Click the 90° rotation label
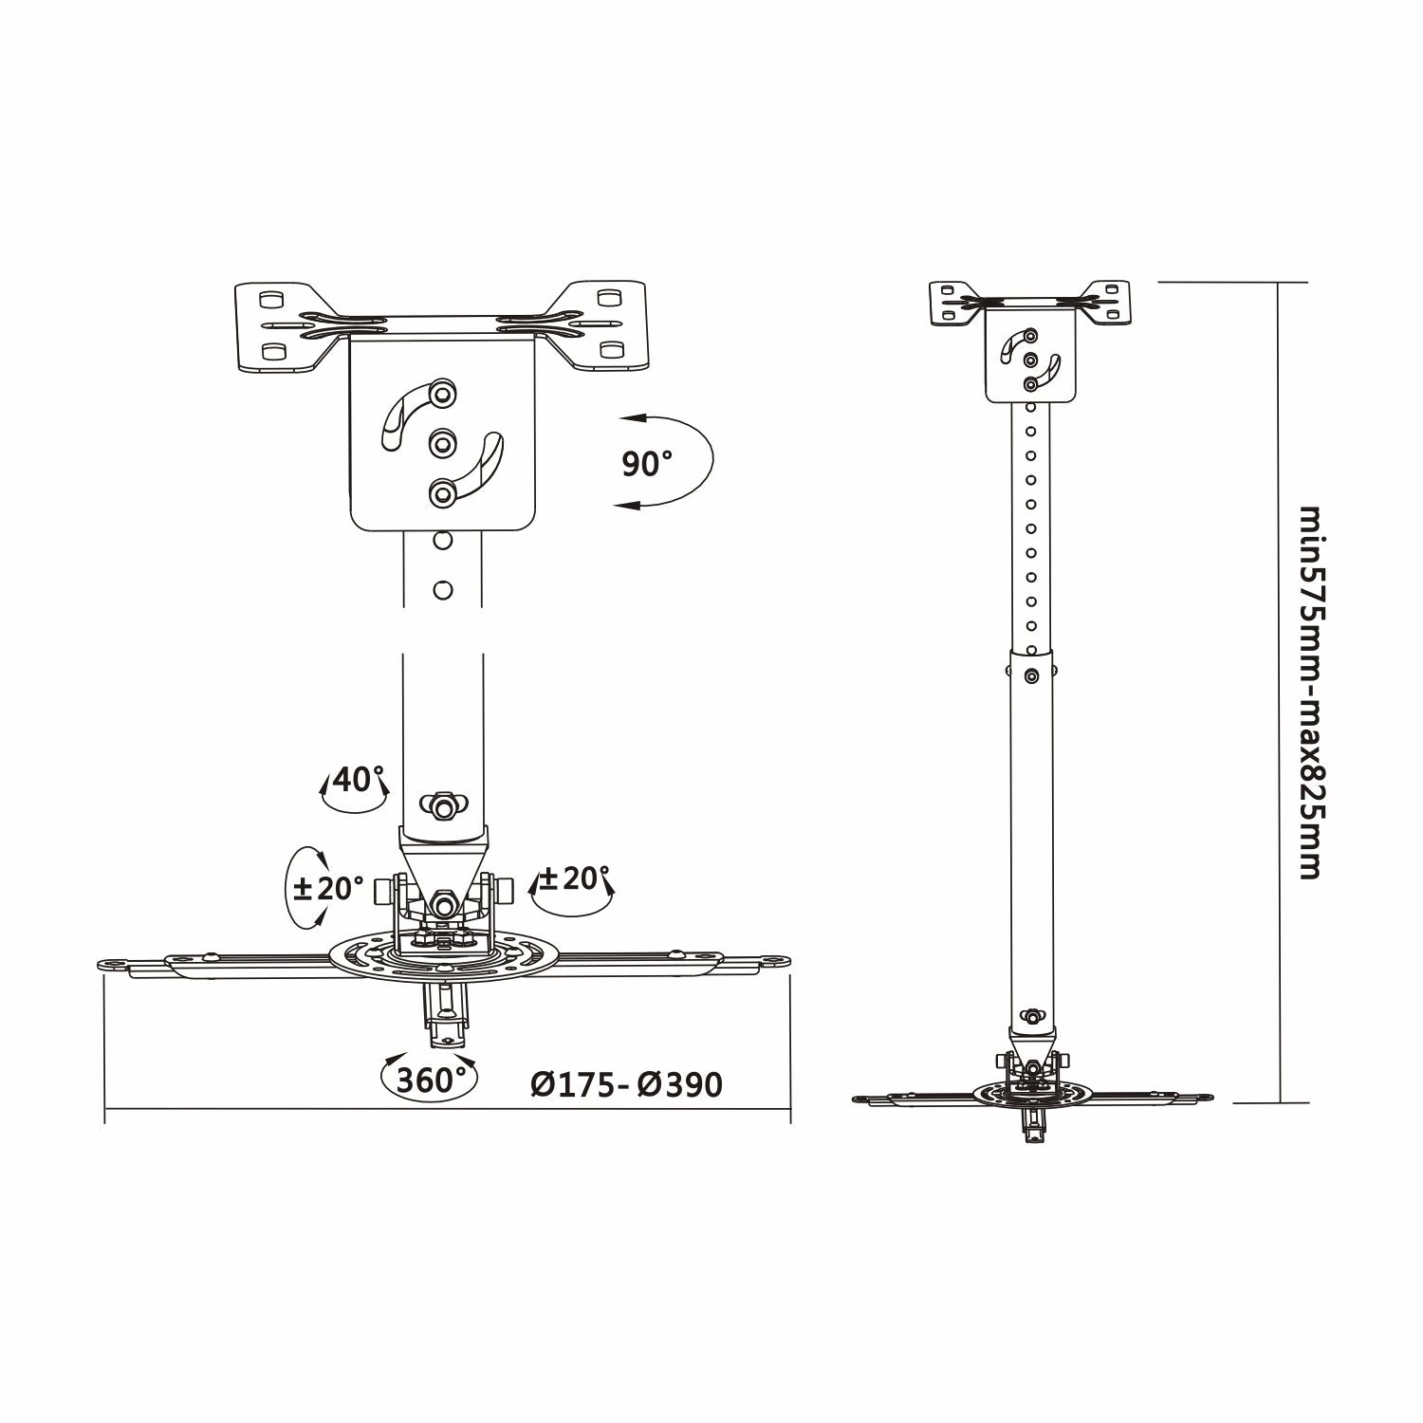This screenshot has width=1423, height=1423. click(647, 464)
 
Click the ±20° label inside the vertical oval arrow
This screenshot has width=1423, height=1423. click(328, 889)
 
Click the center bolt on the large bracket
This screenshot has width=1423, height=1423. click(442, 441)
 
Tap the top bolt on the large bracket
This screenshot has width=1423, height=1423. click(443, 390)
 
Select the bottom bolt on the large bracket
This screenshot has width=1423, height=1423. click(442, 492)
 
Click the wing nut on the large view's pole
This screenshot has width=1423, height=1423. click(442, 804)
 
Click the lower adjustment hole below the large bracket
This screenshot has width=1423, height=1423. click(442, 589)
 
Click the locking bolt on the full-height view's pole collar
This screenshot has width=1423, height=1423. click(1031, 675)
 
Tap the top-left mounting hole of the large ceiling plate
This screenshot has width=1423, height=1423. click(268, 298)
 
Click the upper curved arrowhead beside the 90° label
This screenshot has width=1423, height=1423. click(627, 417)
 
